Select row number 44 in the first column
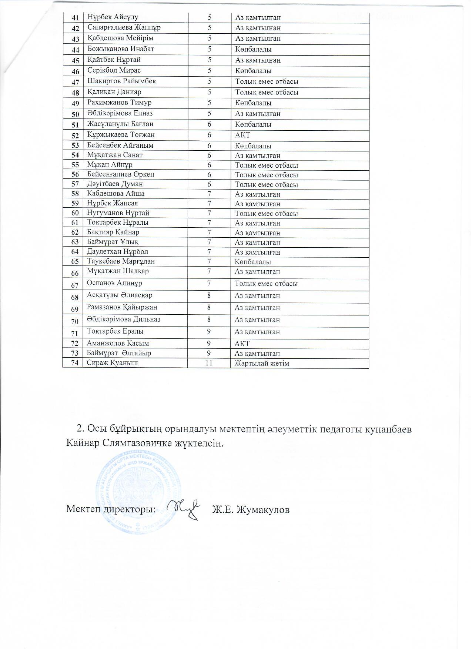75,50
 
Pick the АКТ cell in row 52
242,135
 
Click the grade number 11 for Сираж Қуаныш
209,363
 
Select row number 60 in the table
75,213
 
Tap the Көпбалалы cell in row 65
253,262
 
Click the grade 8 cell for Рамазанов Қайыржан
209,307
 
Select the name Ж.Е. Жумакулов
251,510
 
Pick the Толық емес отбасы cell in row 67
266,284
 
